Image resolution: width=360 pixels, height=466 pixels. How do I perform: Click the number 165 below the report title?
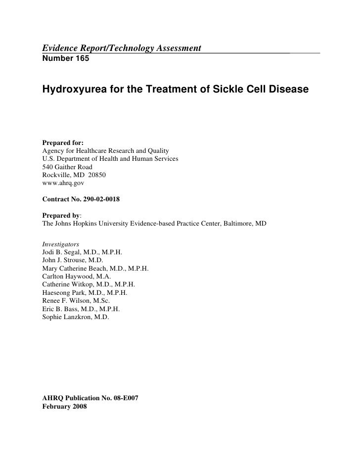[x=79, y=58]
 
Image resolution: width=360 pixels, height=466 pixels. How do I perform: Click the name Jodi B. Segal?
[x=64, y=252]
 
